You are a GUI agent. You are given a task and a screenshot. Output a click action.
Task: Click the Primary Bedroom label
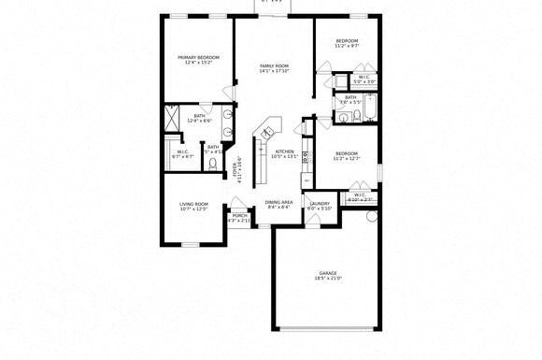[x=198, y=57]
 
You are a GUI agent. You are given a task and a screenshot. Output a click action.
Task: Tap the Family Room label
[x=274, y=65]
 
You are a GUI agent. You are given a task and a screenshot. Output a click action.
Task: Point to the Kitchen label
[x=284, y=151]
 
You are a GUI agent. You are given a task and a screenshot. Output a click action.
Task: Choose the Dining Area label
[x=279, y=202]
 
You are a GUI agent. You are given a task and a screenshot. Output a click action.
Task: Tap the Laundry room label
[x=320, y=203]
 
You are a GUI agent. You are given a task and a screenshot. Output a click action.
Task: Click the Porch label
[x=239, y=215]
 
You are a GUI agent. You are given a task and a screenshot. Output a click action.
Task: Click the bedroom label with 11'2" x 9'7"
[x=347, y=41]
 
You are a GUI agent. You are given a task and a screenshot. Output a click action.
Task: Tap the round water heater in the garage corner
[x=371, y=217]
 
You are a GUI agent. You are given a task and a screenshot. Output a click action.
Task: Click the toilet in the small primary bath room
[x=214, y=162]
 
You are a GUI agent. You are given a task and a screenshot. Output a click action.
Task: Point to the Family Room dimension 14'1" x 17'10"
[x=274, y=71]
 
